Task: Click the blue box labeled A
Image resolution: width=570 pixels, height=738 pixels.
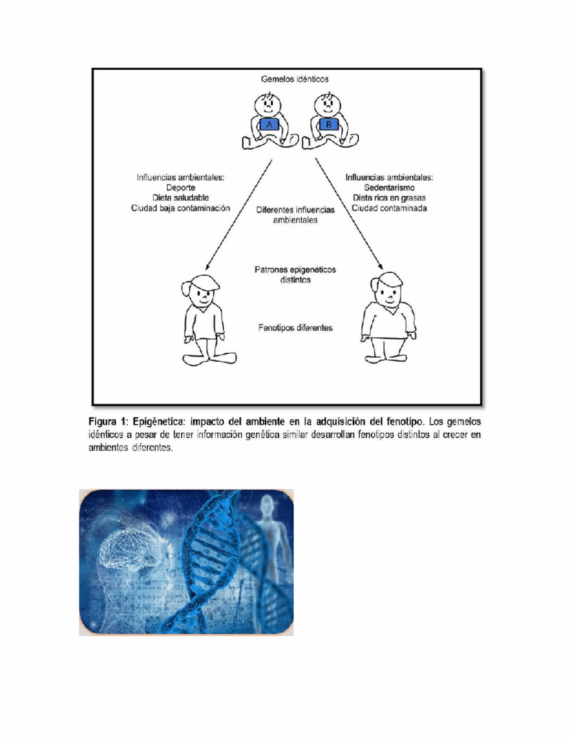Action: pyautogui.click(x=269, y=125)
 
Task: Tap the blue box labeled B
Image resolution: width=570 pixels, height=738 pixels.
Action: pyautogui.click(x=329, y=125)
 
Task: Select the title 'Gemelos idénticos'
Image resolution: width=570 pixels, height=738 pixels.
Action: pyautogui.click(x=295, y=79)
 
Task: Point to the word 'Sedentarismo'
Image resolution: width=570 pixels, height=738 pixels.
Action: pyautogui.click(x=390, y=187)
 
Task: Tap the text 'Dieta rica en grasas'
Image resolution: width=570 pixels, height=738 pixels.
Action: pyautogui.click(x=390, y=197)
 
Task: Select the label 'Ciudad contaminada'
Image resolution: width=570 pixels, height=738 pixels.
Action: pyautogui.click(x=390, y=208)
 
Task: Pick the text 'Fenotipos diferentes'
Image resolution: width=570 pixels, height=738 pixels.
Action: pyautogui.click(x=295, y=328)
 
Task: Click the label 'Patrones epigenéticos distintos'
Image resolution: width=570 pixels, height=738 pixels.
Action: pyautogui.click(x=295, y=274)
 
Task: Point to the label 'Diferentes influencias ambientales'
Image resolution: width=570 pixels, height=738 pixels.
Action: pyautogui.click(x=295, y=215)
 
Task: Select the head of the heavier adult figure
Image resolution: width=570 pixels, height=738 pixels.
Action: pyautogui.click(x=389, y=290)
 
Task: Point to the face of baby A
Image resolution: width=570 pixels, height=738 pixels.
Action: pyautogui.click(x=268, y=104)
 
